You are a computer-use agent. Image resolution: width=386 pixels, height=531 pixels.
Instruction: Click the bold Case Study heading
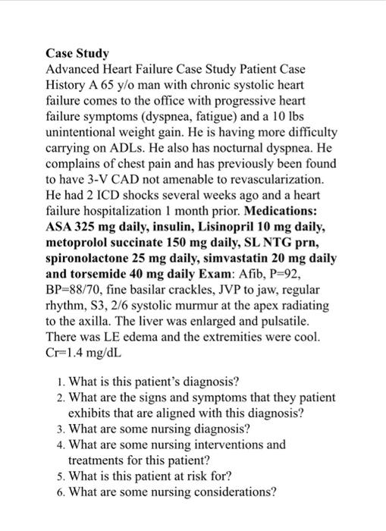click(77, 54)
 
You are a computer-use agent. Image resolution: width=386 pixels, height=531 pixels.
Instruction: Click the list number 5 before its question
click(60, 476)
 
